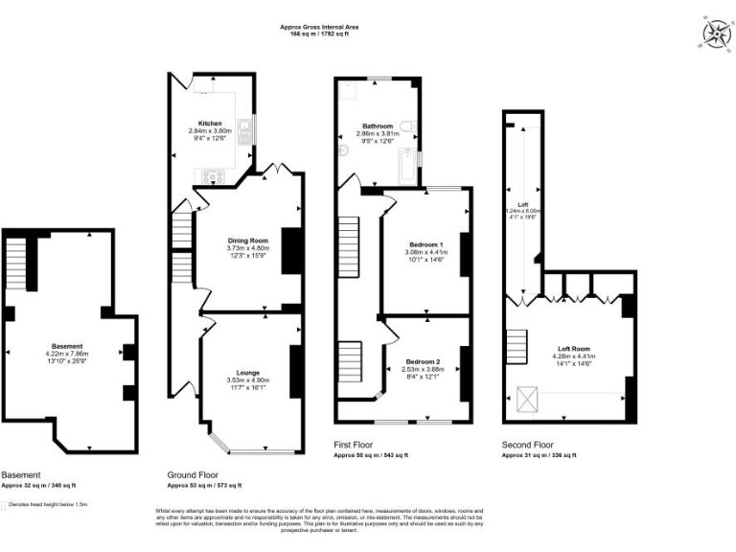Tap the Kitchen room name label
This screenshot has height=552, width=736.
coord(210,124)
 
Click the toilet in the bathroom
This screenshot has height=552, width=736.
coord(408,126)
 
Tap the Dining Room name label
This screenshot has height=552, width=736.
coord(247,241)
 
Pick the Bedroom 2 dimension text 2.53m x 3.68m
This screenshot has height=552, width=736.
coord(424,369)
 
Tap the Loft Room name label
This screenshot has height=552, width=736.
coord(574,350)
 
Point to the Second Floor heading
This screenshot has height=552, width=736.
coord(527,446)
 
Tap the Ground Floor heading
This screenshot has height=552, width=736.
coord(193,474)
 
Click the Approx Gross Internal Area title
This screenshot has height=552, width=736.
coord(320,28)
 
